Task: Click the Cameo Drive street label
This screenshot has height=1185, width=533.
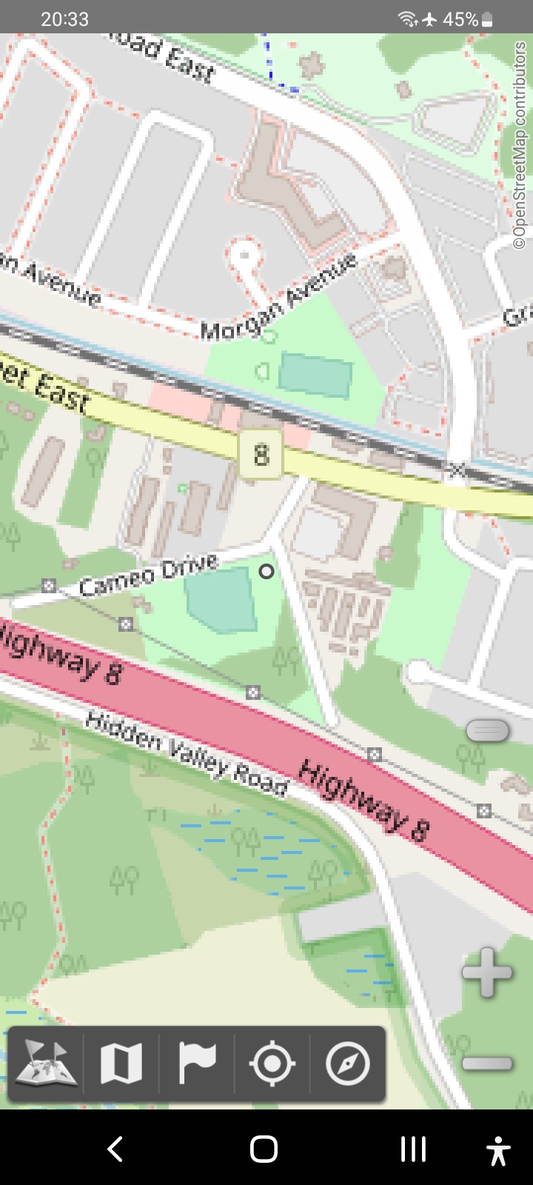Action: (149, 575)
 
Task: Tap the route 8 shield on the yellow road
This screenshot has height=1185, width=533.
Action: (261, 453)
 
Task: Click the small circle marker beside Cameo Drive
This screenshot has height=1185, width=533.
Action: (266, 571)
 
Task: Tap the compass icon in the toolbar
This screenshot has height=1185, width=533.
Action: (347, 1064)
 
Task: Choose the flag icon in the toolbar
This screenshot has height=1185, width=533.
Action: (197, 1064)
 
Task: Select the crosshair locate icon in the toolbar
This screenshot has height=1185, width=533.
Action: (272, 1064)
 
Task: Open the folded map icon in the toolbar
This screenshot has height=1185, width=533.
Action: (121, 1064)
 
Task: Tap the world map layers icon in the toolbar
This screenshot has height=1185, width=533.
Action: (46, 1064)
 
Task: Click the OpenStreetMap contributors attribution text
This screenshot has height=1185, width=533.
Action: (520, 145)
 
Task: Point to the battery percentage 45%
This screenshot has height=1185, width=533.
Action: (460, 19)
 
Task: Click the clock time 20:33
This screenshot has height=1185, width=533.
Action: (64, 19)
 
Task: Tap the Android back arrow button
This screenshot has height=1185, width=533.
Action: (115, 1149)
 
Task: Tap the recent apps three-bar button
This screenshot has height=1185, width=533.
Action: (413, 1149)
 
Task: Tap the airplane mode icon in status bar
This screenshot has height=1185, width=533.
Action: (430, 19)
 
